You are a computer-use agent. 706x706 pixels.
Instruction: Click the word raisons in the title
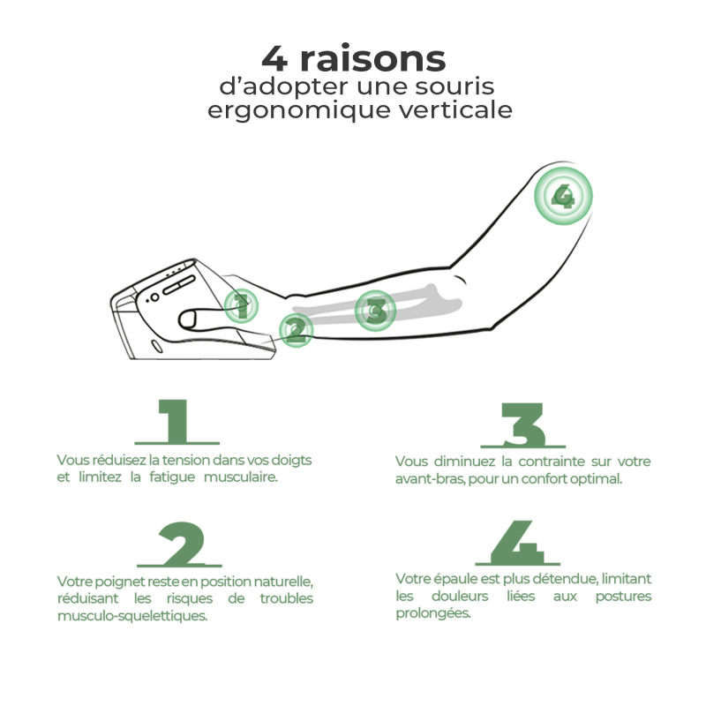[372, 58]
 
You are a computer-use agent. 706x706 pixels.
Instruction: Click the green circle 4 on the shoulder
[563, 196]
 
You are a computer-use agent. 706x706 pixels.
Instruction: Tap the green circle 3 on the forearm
[376, 311]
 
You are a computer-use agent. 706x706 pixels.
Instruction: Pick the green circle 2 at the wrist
[296, 330]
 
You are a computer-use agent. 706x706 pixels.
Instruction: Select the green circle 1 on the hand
[241, 306]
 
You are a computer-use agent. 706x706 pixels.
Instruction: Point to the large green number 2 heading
[180, 545]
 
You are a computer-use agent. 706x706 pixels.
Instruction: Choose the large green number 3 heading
[522, 425]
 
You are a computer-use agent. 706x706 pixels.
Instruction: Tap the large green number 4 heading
[518, 543]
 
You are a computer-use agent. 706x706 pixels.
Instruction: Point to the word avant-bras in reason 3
[430, 478]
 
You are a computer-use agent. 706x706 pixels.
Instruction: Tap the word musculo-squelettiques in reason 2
[132, 615]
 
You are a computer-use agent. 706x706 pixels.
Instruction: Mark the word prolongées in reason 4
[433, 613]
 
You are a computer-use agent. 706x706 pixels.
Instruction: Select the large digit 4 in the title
[274, 58]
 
